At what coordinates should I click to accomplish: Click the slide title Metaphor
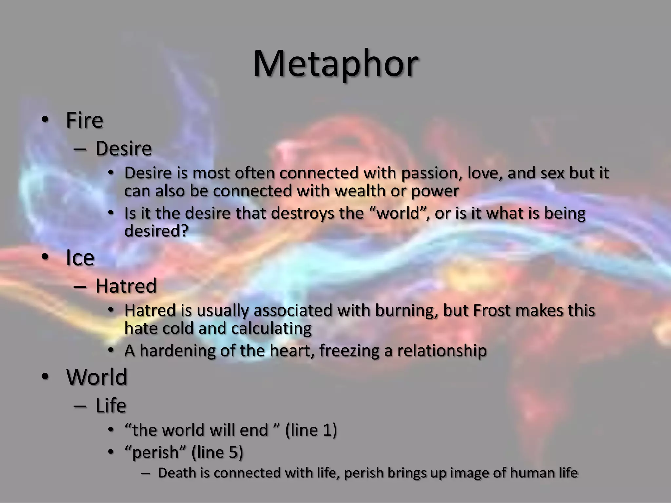tap(335, 64)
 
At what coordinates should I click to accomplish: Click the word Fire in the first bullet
tap(85, 120)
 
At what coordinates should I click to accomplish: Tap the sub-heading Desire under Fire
tap(124, 149)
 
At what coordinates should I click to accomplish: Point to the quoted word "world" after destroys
tap(399, 214)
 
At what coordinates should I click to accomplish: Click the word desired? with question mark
tap(157, 231)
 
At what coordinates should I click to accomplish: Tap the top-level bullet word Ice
tap(80, 258)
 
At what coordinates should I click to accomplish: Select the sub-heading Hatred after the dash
tap(126, 286)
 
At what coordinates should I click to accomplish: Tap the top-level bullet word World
tap(97, 377)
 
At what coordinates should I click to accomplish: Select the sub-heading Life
tap(111, 406)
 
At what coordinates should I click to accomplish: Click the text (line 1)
tap(311, 430)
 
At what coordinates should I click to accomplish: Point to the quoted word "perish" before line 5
tap(156, 453)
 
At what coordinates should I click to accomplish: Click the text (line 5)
tap(217, 453)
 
